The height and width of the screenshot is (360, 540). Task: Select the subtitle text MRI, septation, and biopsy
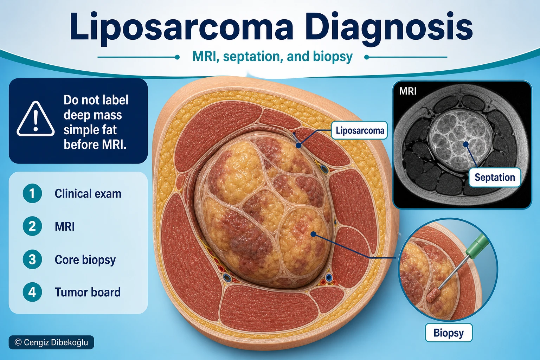click(x=272, y=57)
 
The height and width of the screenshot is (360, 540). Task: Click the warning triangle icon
click(x=36, y=119)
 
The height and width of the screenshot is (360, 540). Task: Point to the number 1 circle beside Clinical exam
click(x=32, y=193)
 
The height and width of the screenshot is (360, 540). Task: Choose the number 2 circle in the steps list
click(x=32, y=226)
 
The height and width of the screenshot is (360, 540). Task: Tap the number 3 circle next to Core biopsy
click(x=32, y=259)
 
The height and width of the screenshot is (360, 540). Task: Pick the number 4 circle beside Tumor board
click(x=32, y=292)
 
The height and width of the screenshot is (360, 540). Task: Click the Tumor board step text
click(x=88, y=292)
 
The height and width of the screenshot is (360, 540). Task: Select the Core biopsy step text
click(x=85, y=260)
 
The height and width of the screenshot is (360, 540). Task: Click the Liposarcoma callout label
click(x=359, y=130)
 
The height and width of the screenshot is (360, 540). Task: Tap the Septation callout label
click(x=495, y=178)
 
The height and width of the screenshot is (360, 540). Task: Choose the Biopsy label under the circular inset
click(x=448, y=333)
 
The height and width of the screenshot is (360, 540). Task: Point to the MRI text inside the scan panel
click(x=408, y=91)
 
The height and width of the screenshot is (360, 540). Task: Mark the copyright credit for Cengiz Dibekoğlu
click(x=51, y=342)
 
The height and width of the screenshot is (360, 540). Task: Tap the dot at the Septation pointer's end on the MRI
click(x=466, y=144)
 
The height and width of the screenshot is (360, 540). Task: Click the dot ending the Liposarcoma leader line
click(x=299, y=146)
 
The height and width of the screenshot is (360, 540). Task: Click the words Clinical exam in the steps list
click(x=88, y=194)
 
